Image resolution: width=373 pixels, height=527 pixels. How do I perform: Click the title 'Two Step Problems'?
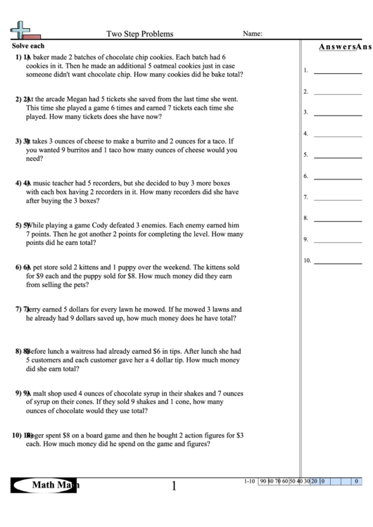(139, 33)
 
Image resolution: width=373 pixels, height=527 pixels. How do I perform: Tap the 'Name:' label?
(253, 33)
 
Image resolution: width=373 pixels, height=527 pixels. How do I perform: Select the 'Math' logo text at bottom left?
(43, 484)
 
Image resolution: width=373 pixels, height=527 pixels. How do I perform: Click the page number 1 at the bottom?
(174, 485)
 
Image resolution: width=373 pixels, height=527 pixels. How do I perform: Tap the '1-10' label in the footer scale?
(249, 481)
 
